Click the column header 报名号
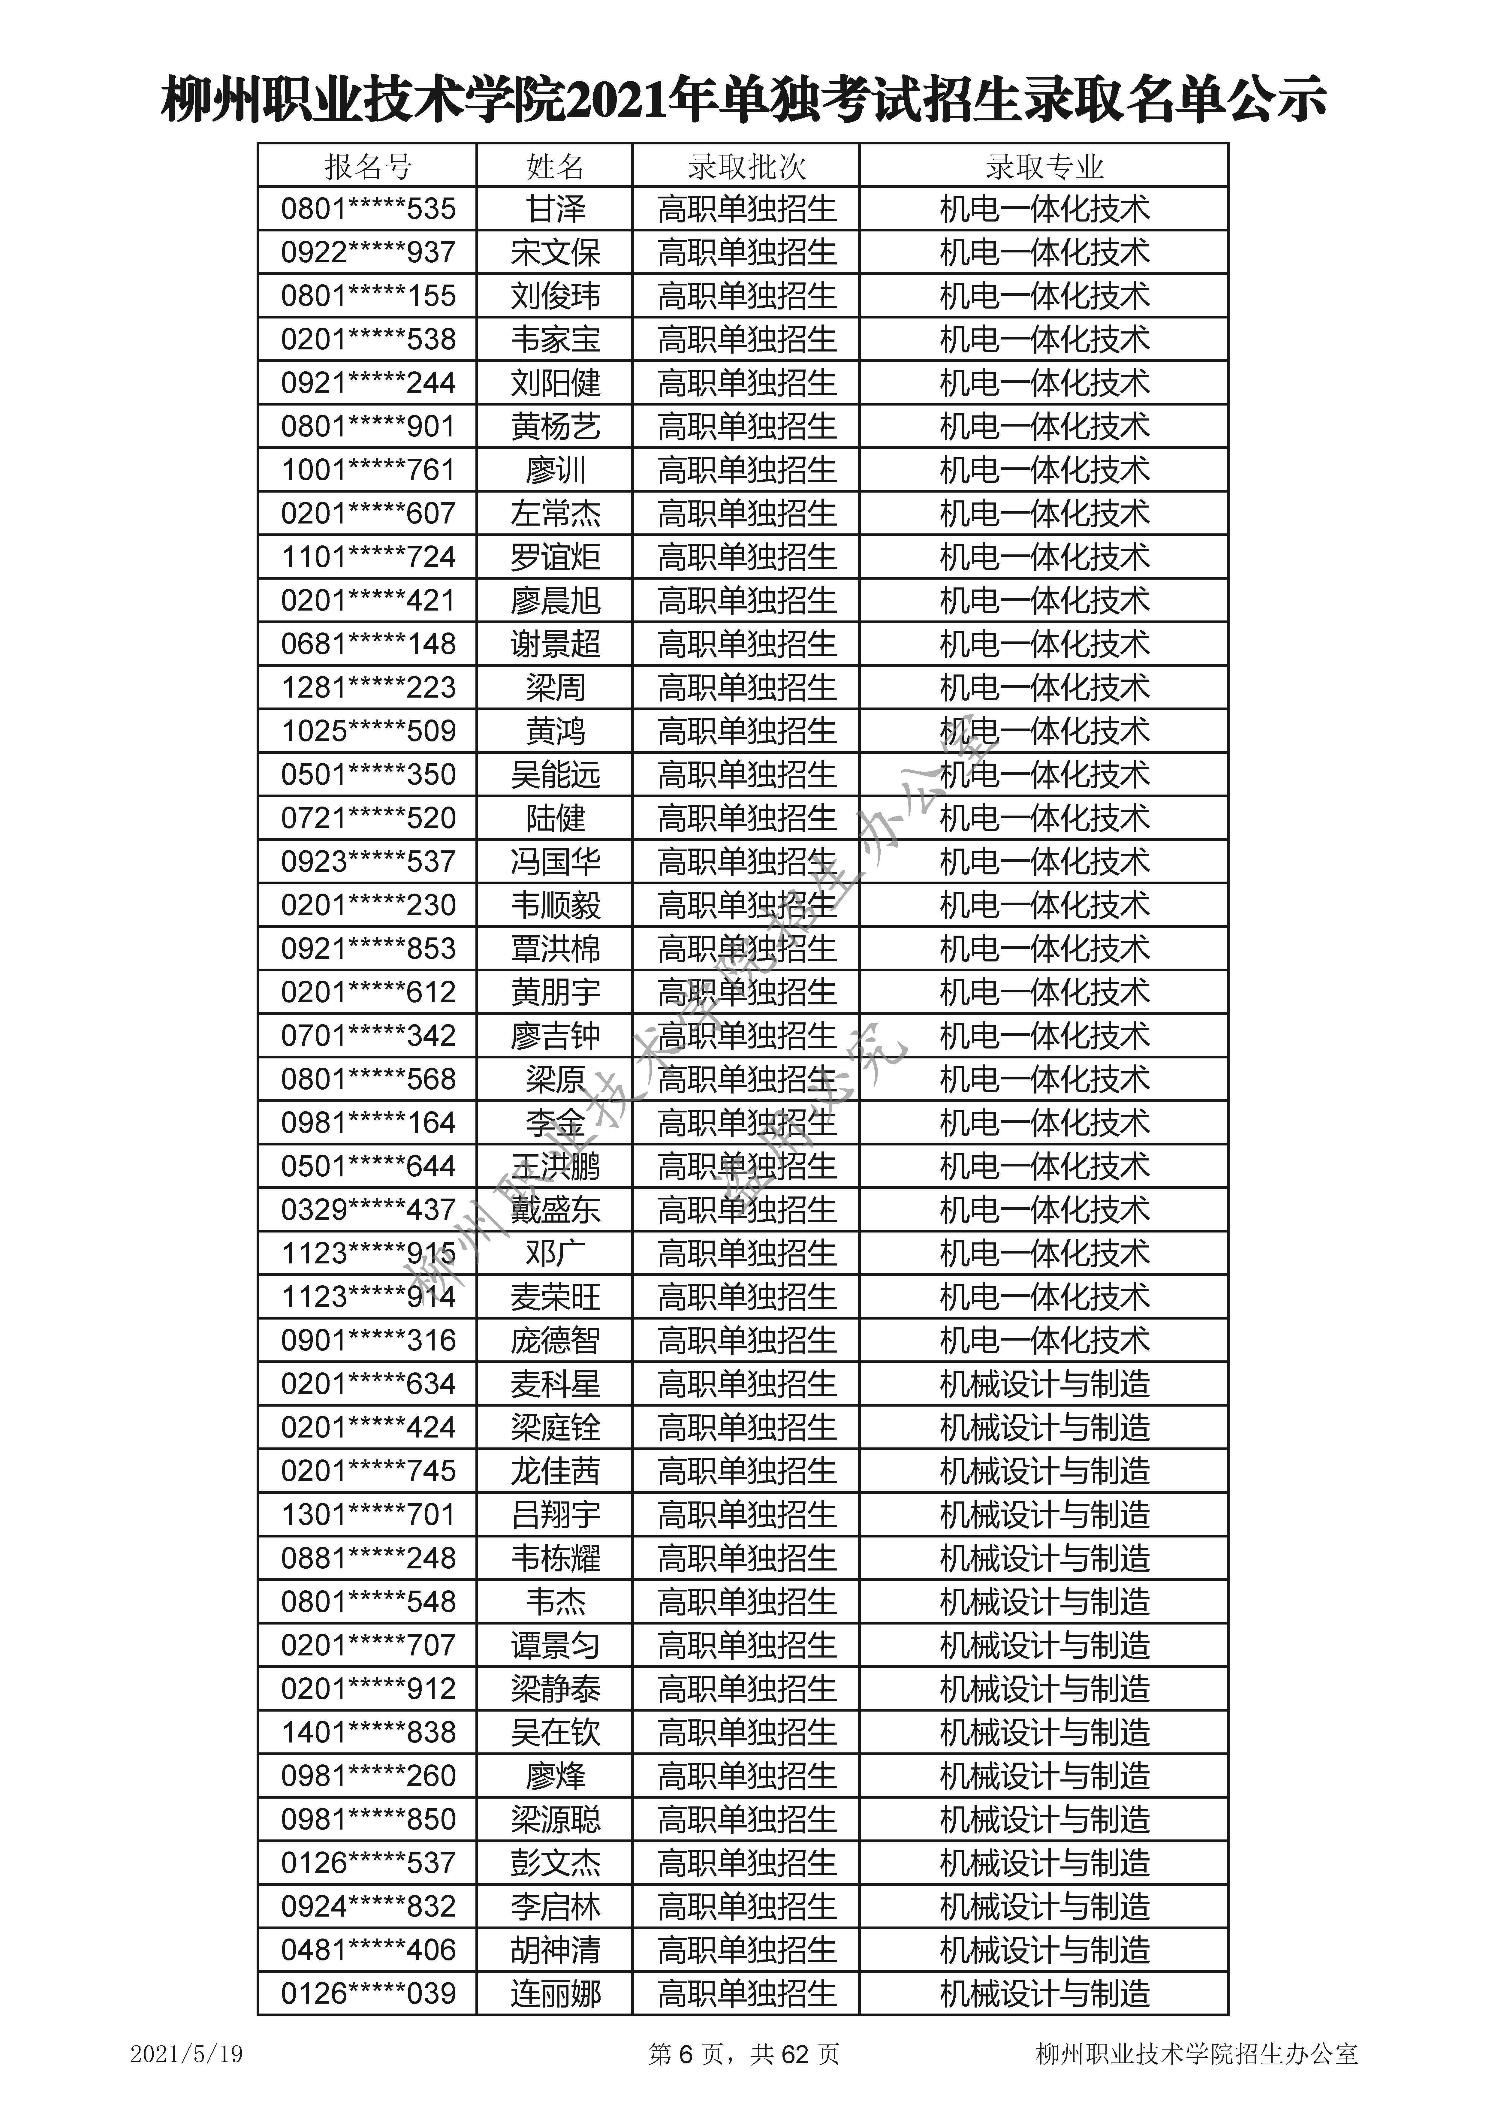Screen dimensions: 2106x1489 (368, 167)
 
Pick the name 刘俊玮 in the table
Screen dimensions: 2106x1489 (555, 296)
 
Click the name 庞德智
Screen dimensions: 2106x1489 (555, 1341)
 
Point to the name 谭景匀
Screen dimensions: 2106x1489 (555, 1646)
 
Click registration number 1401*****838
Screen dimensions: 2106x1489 (368, 1733)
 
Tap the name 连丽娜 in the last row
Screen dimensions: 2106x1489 (555, 1994)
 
